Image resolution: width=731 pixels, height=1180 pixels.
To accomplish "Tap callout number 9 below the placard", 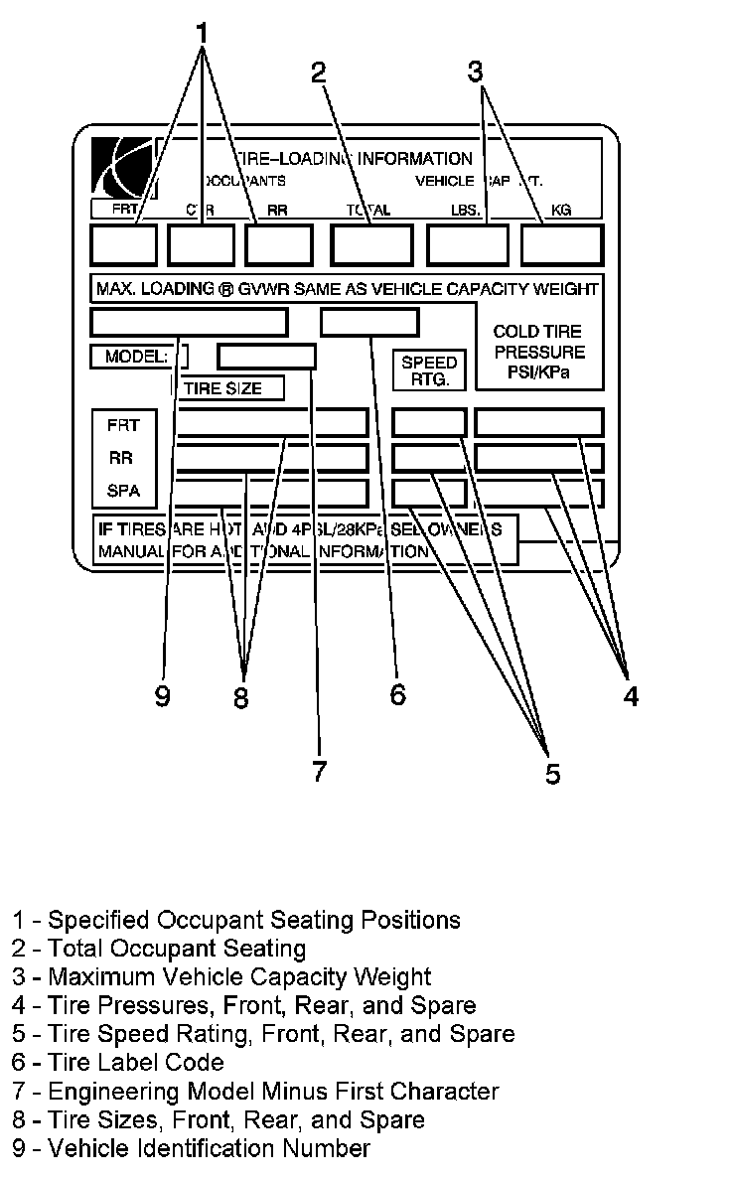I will pyautogui.click(x=162, y=696).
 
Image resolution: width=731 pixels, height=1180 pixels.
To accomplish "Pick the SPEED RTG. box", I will pyautogui.click(x=429, y=370).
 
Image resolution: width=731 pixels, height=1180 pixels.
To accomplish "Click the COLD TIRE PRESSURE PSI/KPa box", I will pyautogui.click(x=539, y=353).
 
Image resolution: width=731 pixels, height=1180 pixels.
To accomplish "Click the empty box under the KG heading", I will pyautogui.click(x=561, y=245).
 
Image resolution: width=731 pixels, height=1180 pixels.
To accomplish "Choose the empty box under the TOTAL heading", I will pyautogui.click(x=371, y=245).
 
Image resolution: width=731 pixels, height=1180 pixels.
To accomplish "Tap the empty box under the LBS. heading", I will pyautogui.click(x=468, y=245).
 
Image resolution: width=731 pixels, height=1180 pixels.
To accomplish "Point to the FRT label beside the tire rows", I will pyautogui.click(x=123, y=425).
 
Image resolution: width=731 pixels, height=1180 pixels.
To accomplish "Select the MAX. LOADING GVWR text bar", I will pyautogui.click(x=346, y=289).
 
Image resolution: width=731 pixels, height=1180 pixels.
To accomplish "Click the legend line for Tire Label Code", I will pyautogui.click(x=118, y=1062).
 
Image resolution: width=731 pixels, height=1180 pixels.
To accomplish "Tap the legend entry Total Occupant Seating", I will pyautogui.click(x=159, y=949).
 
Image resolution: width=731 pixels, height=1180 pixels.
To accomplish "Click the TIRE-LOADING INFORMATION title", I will pyautogui.click(x=353, y=159).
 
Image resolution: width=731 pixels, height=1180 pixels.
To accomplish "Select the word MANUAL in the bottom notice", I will pyautogui.click(x=129, y=551).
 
